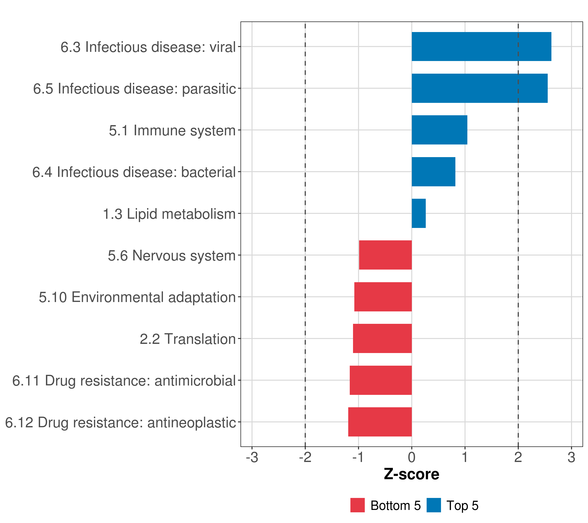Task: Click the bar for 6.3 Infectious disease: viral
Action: [481, 47]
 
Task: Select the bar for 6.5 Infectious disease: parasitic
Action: [480, 88]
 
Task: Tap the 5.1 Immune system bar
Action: [439, 130]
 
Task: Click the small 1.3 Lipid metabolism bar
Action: [419, 213]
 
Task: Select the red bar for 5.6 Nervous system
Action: [385, 255]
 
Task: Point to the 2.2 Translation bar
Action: [382, 338]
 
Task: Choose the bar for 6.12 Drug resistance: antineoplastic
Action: [380, 422]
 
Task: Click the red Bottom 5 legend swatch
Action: [357, 505]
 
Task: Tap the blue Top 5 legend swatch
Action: [434, 505]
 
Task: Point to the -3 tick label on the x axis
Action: [252, 457]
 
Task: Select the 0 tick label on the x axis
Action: [412, 457]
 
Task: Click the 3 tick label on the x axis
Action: [571, 457]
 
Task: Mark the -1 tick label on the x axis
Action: [358, 457]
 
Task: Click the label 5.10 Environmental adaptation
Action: [137, 297]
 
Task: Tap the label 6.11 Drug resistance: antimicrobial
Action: [124, 380]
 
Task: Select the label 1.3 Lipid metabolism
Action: [169, 214]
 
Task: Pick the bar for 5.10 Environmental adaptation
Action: [383, 297]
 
